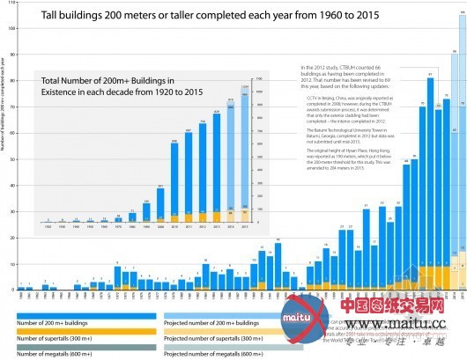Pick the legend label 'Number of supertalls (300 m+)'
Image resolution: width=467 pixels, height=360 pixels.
pyautogui.click(x=57, y=339)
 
